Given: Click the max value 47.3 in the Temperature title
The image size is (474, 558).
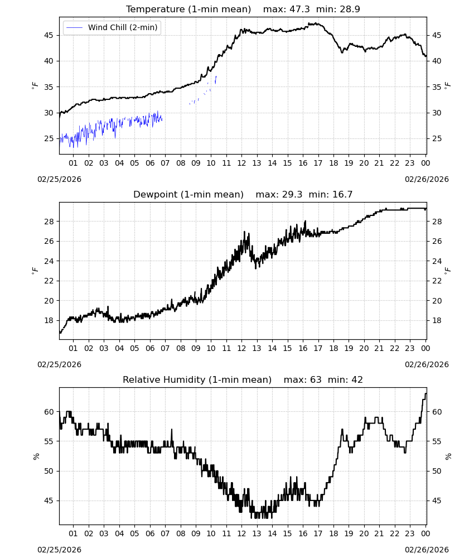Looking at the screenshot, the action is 299,9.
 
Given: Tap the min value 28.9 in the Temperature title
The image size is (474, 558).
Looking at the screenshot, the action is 350,9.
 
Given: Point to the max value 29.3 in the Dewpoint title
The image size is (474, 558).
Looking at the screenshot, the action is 292,195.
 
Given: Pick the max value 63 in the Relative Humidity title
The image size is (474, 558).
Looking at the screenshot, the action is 316,379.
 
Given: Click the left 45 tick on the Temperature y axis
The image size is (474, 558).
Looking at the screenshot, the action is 49,35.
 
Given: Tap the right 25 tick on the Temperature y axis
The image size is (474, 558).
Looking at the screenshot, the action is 437,139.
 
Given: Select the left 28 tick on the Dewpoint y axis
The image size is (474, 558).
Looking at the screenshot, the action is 49,222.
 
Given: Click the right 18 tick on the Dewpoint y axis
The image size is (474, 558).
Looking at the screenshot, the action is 437,321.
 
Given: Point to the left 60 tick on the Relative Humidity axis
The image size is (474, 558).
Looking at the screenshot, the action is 49,412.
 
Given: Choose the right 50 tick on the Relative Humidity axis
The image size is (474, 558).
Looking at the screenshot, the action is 437,471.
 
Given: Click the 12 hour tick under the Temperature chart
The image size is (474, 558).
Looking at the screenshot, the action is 241,163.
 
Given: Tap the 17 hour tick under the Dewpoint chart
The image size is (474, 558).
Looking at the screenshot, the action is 318,348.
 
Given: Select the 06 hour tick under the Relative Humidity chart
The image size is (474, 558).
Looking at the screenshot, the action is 150,533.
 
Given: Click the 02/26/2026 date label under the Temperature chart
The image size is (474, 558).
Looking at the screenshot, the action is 427,179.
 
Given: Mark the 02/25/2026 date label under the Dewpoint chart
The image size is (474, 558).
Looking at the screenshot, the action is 59,365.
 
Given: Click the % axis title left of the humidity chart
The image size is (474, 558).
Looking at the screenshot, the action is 36,456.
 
